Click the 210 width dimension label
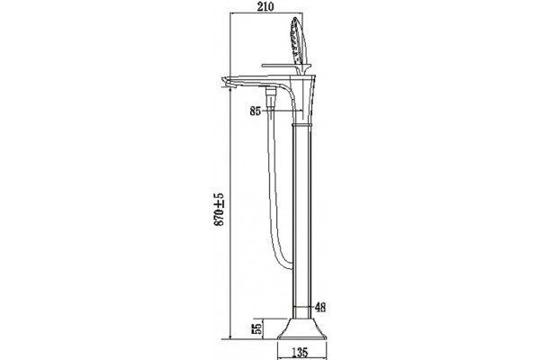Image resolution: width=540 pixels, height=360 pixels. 265,6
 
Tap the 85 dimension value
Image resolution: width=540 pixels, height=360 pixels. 256,112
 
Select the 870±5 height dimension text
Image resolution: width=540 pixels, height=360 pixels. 219,210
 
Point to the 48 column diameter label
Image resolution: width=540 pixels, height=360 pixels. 319,307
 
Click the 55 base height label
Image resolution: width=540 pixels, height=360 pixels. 257,328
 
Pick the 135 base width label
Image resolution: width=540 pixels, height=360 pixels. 300,353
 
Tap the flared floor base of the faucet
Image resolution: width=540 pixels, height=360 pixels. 301,328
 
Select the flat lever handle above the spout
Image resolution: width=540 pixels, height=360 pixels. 283,66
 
